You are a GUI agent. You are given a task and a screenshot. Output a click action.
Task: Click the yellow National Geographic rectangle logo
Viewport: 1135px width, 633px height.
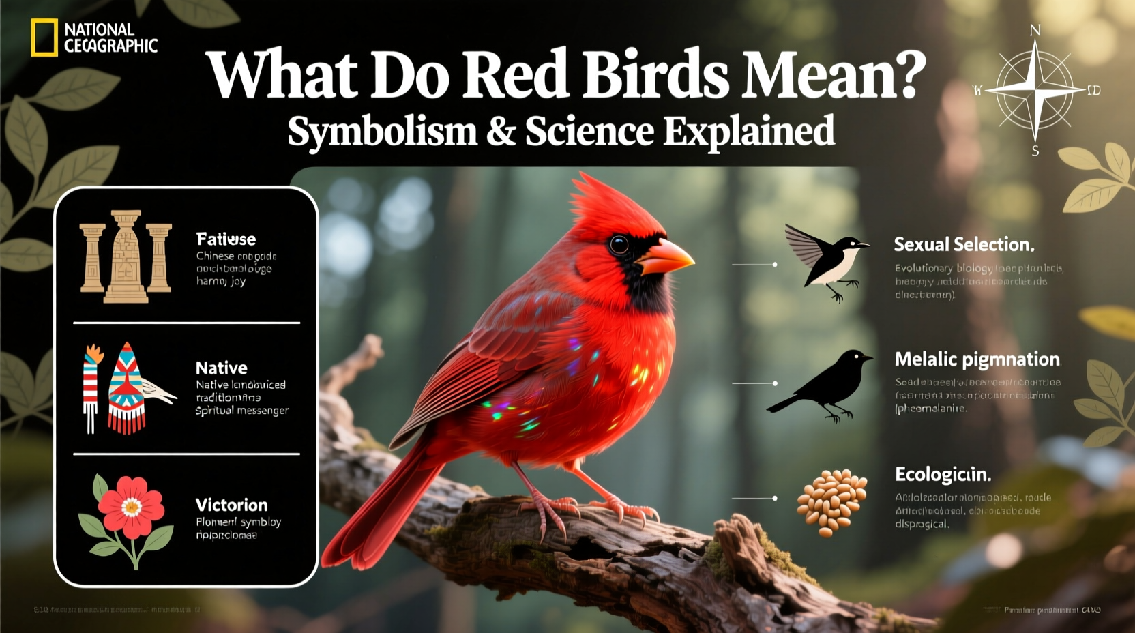pyautogui.click(x=44, y=38)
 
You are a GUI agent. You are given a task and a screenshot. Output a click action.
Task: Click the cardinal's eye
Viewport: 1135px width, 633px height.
pyautogui.click(x=619, y=244)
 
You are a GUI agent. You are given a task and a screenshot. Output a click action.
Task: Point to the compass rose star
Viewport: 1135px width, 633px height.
pyautogui.click(x=1035, y=90)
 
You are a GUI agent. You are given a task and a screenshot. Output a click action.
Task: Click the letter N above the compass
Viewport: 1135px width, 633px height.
pyautogui.click(x=1035, y=30)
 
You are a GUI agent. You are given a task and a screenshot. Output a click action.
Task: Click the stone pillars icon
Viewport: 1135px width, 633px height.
pyautogui.click(x=126, y=256)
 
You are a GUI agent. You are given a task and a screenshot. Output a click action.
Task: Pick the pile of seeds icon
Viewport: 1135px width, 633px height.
pyautogui.click(x=831, y=501)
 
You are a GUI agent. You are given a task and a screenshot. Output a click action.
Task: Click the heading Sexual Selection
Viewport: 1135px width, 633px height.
pyautogui.click(x=964, y=244)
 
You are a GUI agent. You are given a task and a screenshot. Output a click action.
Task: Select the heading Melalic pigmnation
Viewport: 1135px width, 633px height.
pyautogui.click(x=977, y=359)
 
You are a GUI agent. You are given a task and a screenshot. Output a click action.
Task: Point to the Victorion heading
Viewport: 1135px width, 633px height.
pyautogui.click(x=231, y=505)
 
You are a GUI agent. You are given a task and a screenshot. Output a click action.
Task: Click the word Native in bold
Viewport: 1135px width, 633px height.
pyautogui.click(x=222, y=368)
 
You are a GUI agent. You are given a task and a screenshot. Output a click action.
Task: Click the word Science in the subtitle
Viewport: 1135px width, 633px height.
pyautogui.click(x=589, y=131)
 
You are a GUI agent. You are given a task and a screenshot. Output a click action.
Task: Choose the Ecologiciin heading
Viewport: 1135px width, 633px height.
pyautogui.click(x=943, y=475)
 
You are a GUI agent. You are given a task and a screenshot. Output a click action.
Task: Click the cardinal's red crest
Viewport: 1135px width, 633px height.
pyautogui.click(x=600, y=201)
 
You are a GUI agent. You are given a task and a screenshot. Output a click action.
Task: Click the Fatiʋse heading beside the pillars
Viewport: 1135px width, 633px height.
pyautogui.click(x=226, y=239)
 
